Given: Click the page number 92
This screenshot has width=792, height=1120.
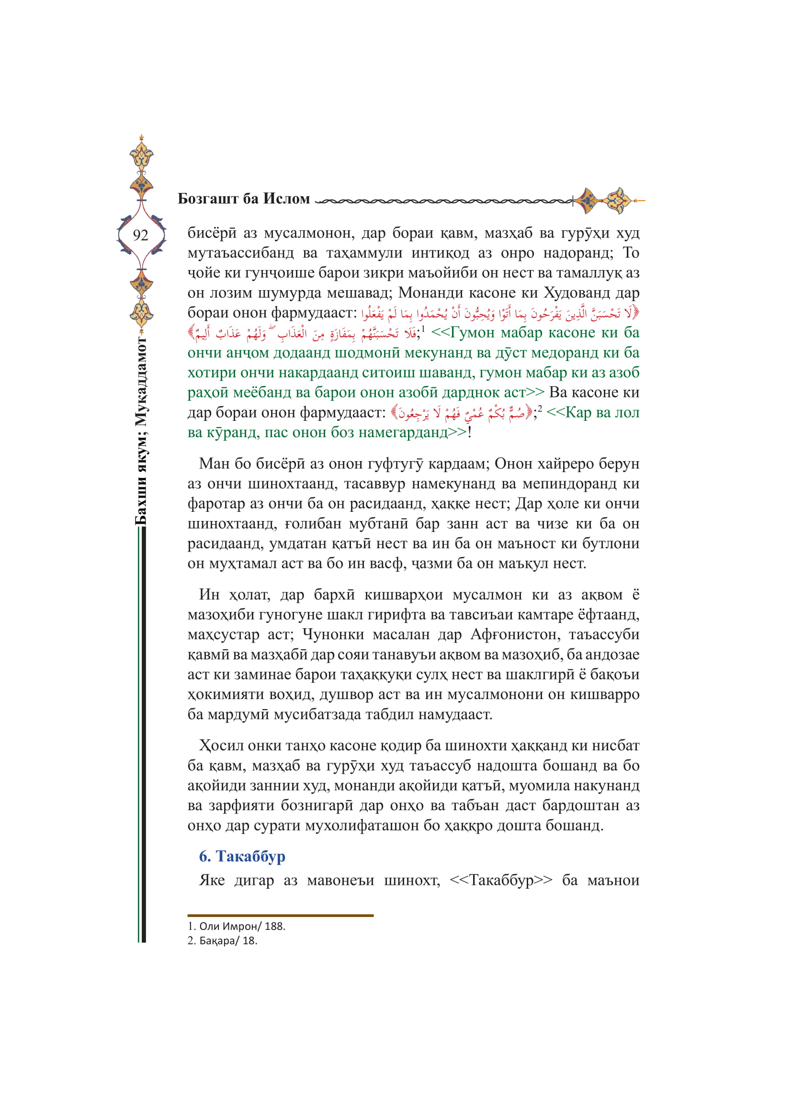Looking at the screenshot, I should (x=140, y=235).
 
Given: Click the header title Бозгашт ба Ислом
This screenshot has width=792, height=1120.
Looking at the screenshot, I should (x=243, y=199).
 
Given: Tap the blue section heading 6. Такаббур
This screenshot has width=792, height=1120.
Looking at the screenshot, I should (x=242, y=856).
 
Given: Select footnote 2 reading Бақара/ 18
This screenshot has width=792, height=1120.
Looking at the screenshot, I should (x=223, y=940).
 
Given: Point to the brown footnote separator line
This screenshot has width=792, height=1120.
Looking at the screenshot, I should (x=281, y=916).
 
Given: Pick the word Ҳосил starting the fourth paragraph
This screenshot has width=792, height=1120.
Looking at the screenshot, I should (x=221, y=746).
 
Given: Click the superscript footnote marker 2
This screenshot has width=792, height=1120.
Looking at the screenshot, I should (x=539, y=409).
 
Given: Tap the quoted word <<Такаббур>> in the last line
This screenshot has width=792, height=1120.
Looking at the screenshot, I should (x=501, y=880).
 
